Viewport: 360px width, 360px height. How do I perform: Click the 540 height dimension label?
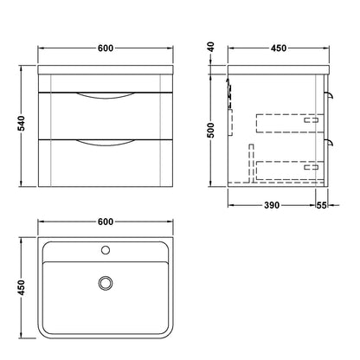pyautogui.click(x=22, y=123)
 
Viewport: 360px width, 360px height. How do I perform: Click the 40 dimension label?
pyautogui.click(x=211, y=47)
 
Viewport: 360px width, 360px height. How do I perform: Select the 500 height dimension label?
pyautogui.click(x=211, y=130)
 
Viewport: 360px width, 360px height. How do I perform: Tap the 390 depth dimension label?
pyautogui.click(x=272, y=205)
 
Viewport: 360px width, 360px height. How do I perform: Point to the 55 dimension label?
pyautogui.click(x=322, y=205)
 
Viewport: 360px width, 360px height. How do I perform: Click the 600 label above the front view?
pyautogui.click(x=106, y=48)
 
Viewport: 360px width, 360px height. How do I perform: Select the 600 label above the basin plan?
pyautogui.click(x=106, y=222)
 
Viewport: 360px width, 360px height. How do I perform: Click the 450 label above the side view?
pyautogui.click(x=279, y=48)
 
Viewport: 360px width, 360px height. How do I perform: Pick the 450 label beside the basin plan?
pyautogui.click(x=22, y=287)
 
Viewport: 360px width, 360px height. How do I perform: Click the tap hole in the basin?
pyautogui.click(x=106, y=250)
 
